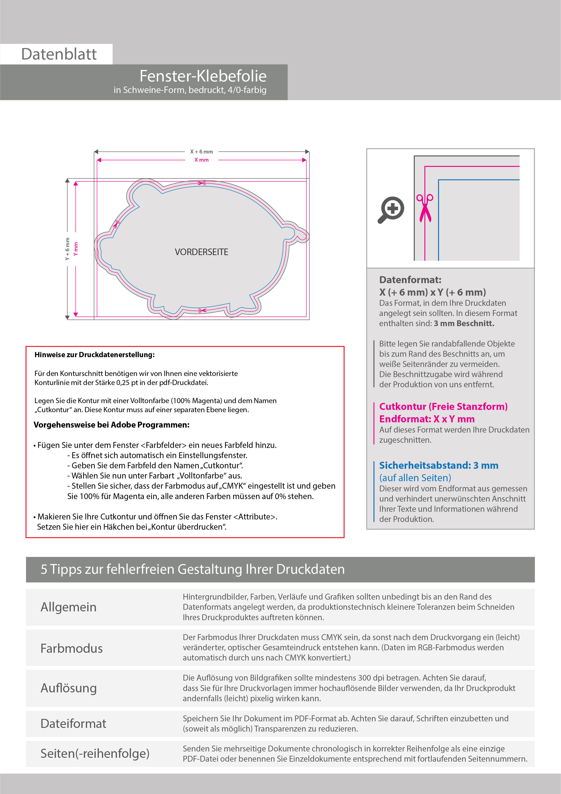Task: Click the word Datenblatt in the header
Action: (59, 54)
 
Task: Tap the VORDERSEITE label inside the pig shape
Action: (201, 252)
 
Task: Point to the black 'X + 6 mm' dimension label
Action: (201, 152)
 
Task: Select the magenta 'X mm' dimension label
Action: (201, 160)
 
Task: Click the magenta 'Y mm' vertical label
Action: (76, 249)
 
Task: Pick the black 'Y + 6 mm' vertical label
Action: (67, 249)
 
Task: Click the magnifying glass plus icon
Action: (391, 210)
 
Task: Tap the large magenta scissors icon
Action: (425, 208)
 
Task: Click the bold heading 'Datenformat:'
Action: (410, 280)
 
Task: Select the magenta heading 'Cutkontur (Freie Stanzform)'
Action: (443, 407)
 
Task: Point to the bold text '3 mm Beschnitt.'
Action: (464, 324)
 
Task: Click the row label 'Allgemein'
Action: (68, 607)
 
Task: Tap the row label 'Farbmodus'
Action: (71, 648)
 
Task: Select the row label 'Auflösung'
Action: (68, 688)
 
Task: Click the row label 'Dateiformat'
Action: (73, 724)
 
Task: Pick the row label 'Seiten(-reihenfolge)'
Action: (95, 753)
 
